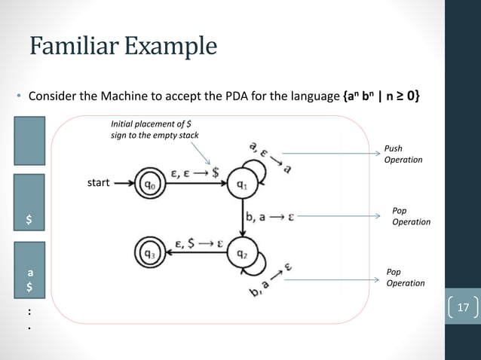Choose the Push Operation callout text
coord(403,154)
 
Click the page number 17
coord(463,307)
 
